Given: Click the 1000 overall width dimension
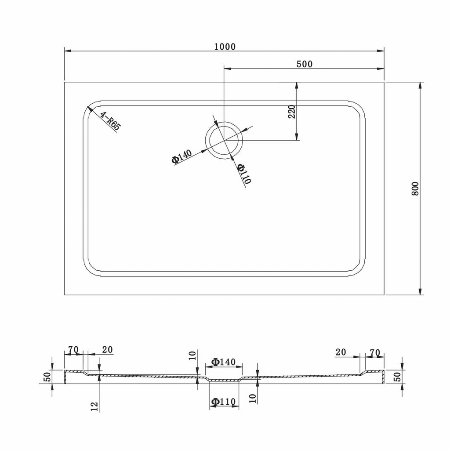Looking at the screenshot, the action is point(225,47).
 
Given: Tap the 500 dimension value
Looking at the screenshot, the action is point(305,64).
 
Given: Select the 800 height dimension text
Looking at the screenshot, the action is point(415,189).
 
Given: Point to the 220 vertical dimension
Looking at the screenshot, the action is point(292,112).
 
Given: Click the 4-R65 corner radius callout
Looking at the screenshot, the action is point(110,121).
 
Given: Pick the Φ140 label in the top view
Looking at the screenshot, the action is point(181,157).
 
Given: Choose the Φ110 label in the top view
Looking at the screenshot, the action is point(244,174).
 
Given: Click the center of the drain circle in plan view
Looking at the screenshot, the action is point(224,140).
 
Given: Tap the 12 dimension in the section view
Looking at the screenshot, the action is point(94,406).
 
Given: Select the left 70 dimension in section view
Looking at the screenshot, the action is point(73,350).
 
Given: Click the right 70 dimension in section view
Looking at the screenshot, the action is point(375,353).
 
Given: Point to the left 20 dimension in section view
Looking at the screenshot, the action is point(107,350).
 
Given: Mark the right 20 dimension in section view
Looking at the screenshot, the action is point(341,352).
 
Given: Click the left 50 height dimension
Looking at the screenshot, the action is point(48,376).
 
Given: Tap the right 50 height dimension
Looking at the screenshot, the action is point(397,377).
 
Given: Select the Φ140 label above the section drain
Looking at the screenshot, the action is point(223,362).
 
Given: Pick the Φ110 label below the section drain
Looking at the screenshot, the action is point(223,402).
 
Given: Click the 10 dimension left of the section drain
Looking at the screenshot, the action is point(192,356).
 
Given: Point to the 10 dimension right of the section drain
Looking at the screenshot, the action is point(253,398).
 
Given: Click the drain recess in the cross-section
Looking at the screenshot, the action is point(224,379).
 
